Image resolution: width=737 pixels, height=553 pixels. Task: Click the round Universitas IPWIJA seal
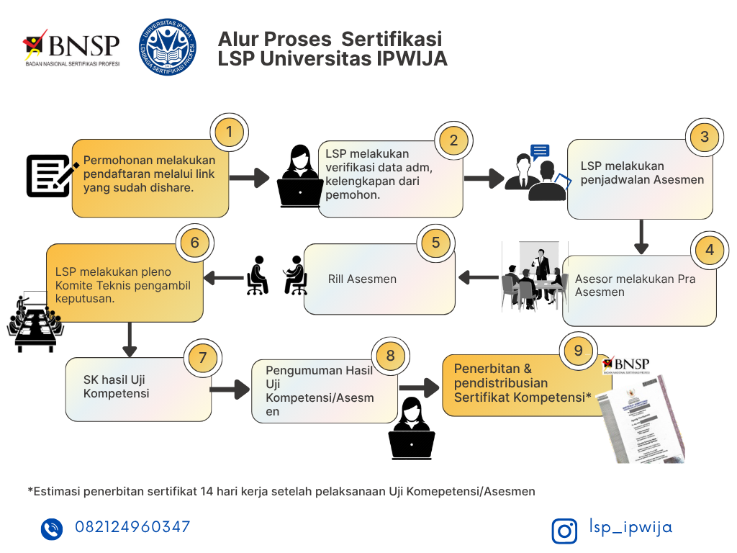pos(168,49)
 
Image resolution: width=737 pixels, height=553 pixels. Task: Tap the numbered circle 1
pos(229,132)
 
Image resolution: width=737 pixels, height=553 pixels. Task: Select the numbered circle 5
pos(435,242)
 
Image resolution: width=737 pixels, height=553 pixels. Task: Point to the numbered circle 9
pos(578,351)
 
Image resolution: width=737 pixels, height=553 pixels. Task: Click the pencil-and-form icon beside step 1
pos(51,175)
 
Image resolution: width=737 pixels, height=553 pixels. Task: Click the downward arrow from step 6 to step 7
pos(130,339)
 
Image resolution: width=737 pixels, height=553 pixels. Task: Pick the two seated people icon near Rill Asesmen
pos(276,276)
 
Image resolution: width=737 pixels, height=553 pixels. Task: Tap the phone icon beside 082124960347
pos(52,529)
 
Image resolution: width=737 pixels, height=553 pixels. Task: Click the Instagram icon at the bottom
pos(564,531)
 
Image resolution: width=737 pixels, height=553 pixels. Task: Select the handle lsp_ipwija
pos(630,527)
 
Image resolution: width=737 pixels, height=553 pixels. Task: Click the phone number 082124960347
pos(132,527)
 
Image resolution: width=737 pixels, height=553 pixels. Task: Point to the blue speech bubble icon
pos(540,151)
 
